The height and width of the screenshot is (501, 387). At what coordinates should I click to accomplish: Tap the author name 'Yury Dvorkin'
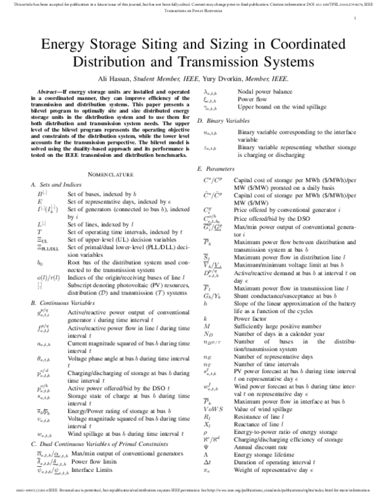pyautogui.click(x=226, y=78)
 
